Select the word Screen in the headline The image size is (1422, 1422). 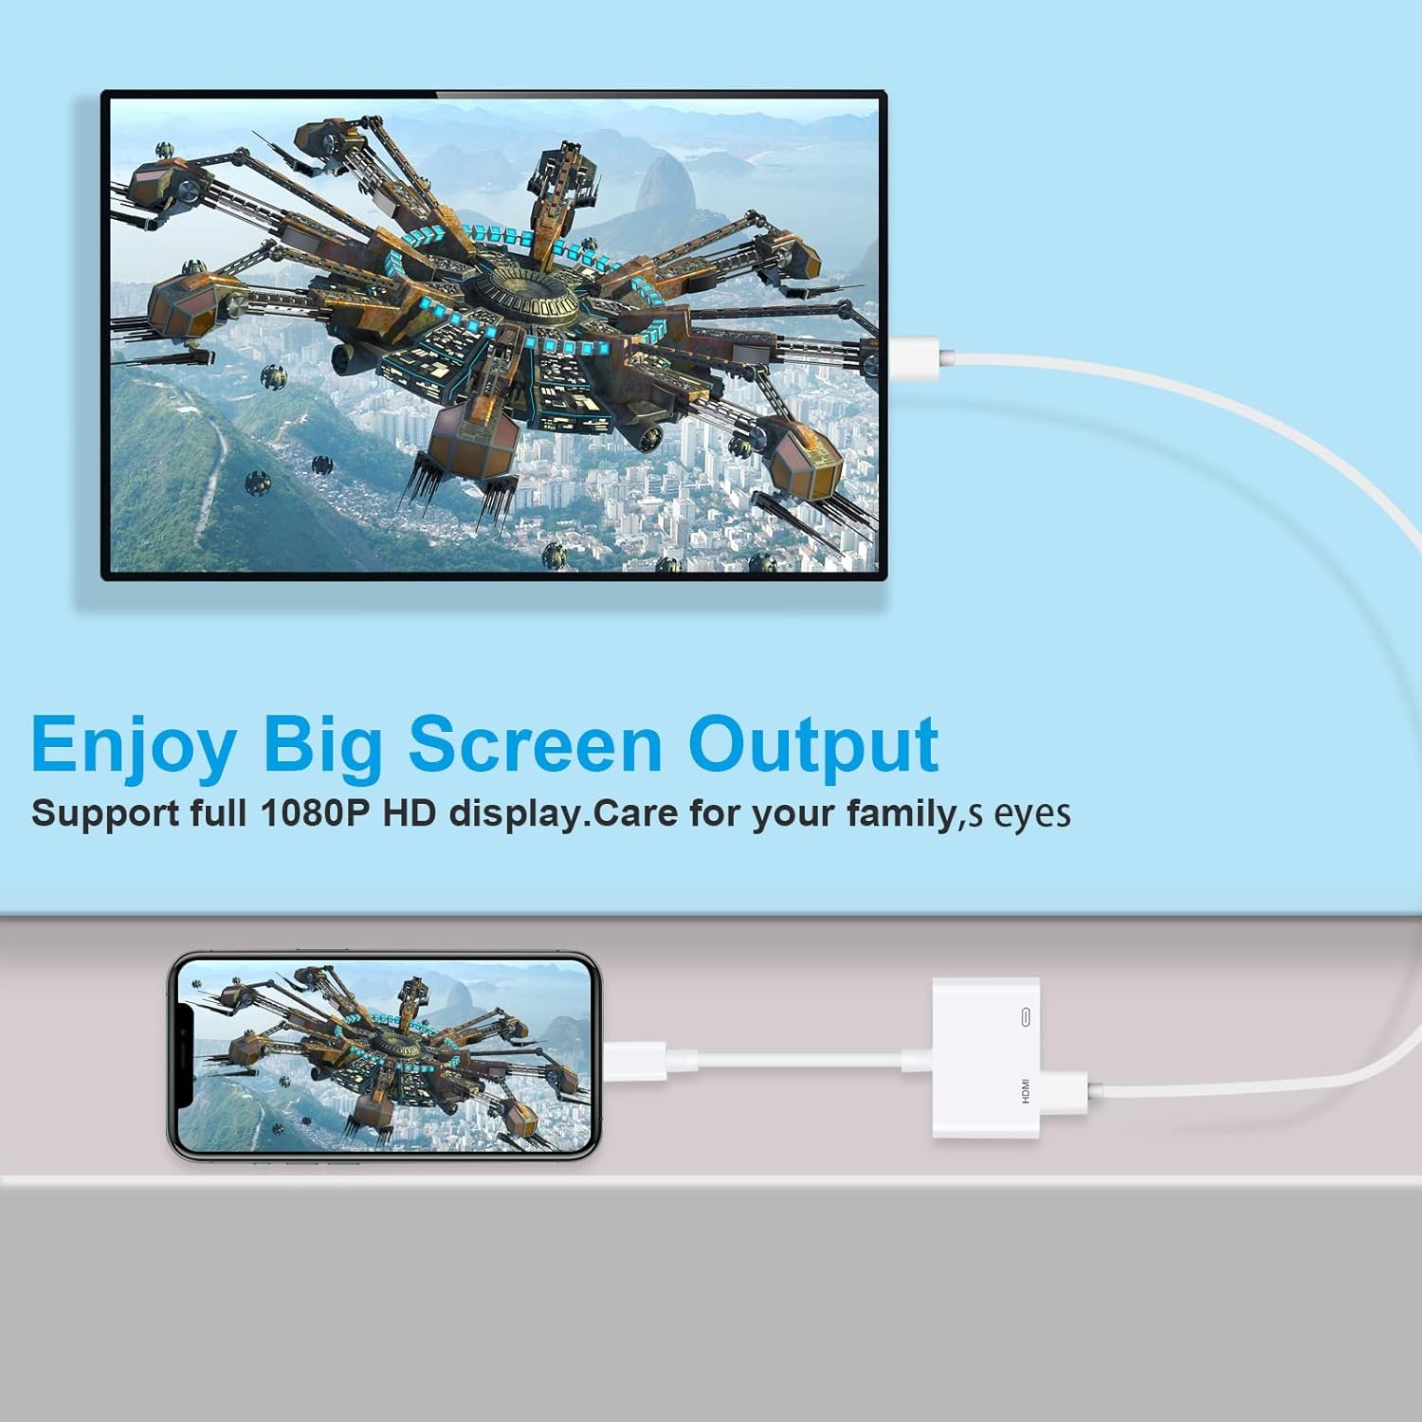pos(534,744)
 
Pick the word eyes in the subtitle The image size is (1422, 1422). pos(1032,816)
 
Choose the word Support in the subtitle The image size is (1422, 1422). pos(105,814)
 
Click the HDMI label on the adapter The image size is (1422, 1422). pos(1026,1090)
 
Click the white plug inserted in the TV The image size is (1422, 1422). pos(915,358)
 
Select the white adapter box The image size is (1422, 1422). pos(986,1057)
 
